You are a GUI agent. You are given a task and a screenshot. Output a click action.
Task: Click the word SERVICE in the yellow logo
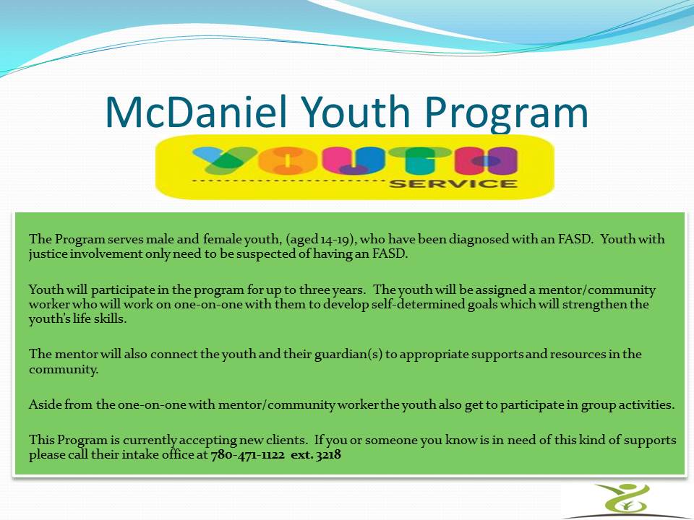coord(453,183)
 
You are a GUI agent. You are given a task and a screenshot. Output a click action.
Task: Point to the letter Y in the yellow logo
coord(221,161)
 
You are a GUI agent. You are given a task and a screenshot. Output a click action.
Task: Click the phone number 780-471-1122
coord(247,456)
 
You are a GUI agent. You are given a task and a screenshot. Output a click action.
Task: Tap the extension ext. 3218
coord(315,456)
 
